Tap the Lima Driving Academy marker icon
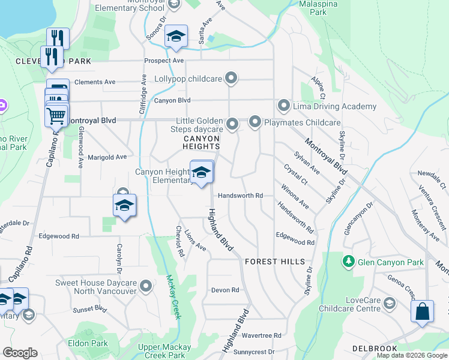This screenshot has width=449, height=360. (284, 106)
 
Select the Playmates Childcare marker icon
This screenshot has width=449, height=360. (255, 122)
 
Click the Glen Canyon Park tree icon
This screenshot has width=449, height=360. (348, 262)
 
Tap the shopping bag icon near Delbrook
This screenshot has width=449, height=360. (423, 312)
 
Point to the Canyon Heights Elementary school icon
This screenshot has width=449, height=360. (202, 173)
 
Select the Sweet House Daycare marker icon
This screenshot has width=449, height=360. (146, 287)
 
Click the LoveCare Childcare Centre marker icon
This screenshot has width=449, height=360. (389, 304)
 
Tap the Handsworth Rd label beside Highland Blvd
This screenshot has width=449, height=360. (240, 196)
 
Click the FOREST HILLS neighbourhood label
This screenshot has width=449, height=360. (275, 262)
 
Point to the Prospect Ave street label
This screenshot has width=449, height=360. (164, 61)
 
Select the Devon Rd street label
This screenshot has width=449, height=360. (225, 290)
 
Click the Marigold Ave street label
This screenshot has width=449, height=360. (107, 157)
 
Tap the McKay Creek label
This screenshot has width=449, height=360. (174, 296)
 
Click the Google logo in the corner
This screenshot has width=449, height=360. (20, 353)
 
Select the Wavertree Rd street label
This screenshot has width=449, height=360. (261, 335)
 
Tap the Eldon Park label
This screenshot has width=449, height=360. (88, 344)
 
